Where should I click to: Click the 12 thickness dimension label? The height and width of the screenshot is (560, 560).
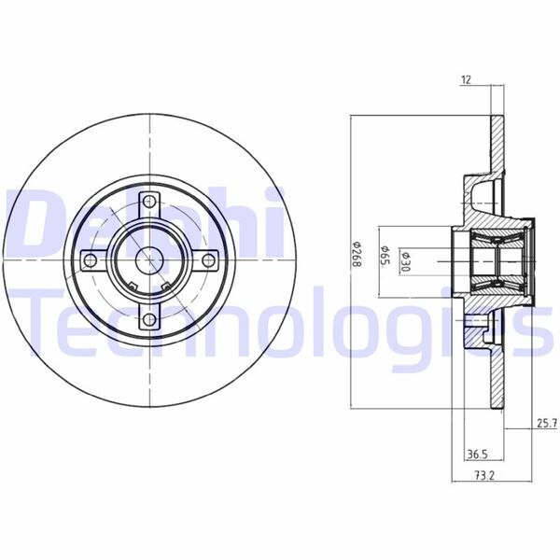point(465,80)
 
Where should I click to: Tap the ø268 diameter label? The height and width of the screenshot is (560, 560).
point(357,253)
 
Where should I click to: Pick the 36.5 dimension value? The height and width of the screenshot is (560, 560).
point(477,455)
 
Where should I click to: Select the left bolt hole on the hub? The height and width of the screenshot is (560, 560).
point(91,260)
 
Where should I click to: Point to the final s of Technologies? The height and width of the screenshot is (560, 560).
point(534,332)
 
